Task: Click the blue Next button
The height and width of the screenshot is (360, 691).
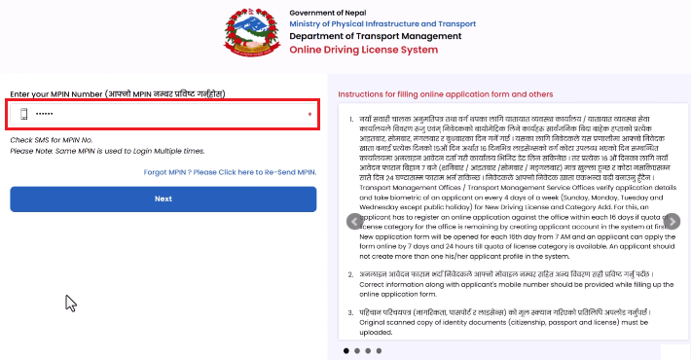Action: click(x=163, y=226)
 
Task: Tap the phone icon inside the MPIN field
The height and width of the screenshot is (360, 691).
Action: click(x=24, y=115)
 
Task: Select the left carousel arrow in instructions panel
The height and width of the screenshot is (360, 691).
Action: click(x=355, y=248)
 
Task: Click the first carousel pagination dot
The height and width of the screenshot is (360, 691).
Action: click(x=345, y=349)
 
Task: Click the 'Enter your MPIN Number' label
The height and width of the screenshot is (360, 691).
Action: click(x=118, y=93)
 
